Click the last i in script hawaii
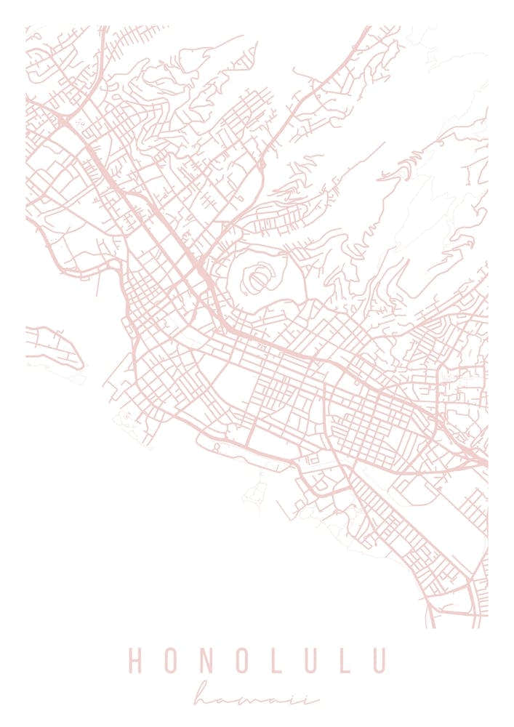[x=313, y=699]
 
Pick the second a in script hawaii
[x=287, y=700]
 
